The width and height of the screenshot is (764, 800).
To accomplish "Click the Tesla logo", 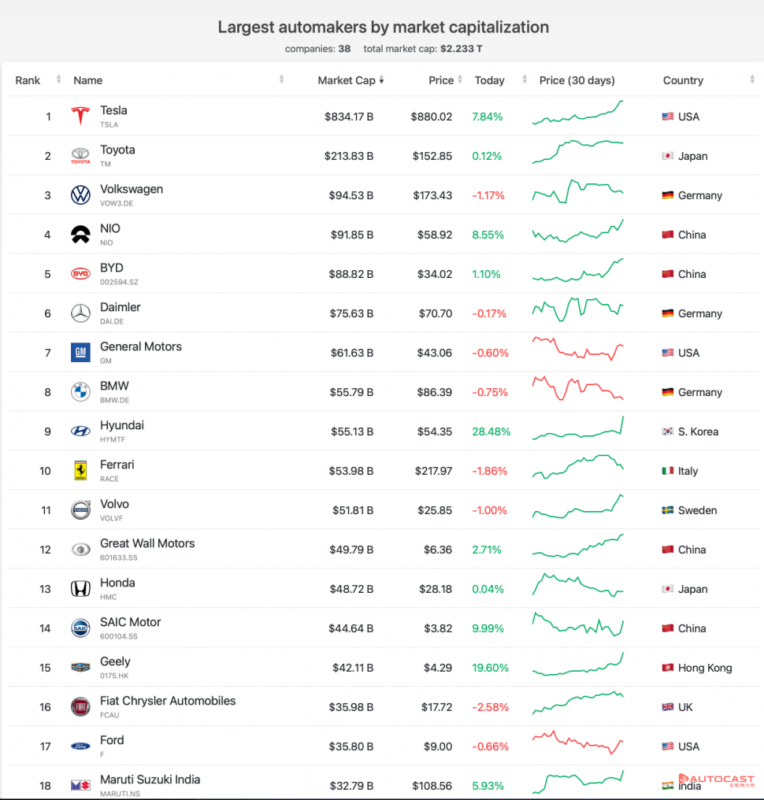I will point(80,117).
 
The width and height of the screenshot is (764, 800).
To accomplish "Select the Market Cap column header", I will point(347,80).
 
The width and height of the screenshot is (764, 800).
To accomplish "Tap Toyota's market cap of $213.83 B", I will point(349,156).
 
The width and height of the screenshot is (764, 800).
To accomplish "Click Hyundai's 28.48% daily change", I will point(491,431).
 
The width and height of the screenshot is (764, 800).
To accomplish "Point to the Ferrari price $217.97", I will point(432,471).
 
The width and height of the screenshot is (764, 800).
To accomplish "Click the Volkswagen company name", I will point(132,190).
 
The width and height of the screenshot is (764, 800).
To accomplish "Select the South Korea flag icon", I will point(667,431).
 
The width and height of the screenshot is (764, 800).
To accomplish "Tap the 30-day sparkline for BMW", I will point(577,389).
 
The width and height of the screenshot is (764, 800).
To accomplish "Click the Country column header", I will point(683,80).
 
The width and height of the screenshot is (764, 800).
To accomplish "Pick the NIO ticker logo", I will point(80,235).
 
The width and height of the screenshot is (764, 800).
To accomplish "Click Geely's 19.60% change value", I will point(491,668).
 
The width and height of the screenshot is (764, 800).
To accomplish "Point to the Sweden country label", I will point(697,510).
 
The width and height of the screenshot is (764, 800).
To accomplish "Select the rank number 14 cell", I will point(46,628).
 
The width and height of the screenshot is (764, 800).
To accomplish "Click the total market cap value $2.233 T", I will point(462,49).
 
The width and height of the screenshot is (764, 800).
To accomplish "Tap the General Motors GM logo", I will point(80,353).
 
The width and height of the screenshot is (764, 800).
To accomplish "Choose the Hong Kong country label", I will point(705,668).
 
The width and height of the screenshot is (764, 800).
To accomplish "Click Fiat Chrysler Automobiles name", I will point(168,701).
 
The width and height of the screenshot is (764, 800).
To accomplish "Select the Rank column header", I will point(28,80).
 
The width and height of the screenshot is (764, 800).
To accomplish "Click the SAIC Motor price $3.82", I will point(437,628).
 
